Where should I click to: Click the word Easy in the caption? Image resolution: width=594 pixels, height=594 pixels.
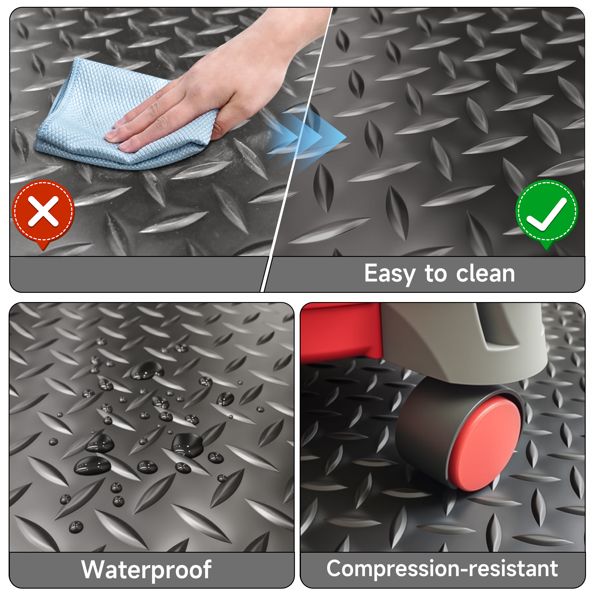[390, 274]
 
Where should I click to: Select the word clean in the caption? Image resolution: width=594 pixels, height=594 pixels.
[486, 273]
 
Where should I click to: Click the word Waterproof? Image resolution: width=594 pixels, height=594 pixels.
[146, 570]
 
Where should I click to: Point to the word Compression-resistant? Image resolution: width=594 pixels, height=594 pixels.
[442, 568]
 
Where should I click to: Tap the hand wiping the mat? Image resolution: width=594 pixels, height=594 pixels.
[215, 80]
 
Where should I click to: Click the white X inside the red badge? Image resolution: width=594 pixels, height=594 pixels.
[43, 211]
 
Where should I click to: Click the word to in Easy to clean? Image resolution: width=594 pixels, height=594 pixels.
[436, 274]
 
